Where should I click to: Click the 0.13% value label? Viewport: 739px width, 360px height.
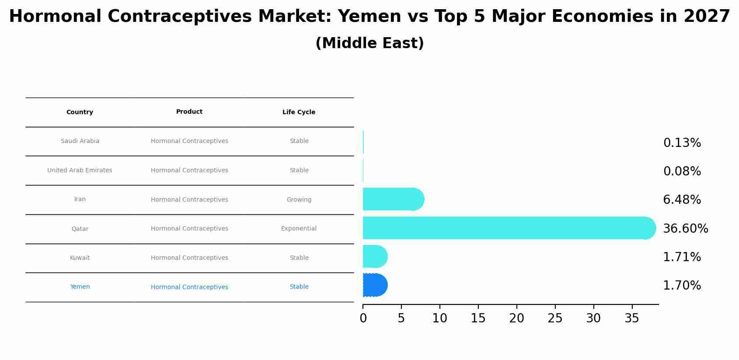(x=682, y=143)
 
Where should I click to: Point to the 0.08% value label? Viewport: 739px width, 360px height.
(x=682, y=171)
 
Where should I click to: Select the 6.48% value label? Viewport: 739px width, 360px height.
(x=682, y=200)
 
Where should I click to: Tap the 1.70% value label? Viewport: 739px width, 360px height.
(x=682, y=286)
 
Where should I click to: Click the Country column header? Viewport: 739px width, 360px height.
(x=80, y=112)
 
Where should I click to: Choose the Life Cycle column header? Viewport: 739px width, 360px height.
(x=299, y=112)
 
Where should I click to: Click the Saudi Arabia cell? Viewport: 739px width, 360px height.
(x=80, y=141)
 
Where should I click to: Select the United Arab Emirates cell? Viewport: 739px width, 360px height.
(x=80, y=171)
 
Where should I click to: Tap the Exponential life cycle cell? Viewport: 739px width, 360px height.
(x=299, y=229)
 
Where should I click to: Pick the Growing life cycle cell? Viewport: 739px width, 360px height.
(x=299, y=200)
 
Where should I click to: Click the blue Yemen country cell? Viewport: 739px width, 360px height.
(x=80, y=287)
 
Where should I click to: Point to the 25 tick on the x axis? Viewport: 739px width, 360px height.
(x=555, y=318)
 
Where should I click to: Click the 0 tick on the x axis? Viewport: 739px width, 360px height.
(x=363, y=318)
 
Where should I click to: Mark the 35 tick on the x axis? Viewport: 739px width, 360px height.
(x=632, y=318)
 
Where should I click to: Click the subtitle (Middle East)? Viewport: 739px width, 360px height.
(x=369, y=43)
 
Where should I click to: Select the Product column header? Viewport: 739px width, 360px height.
(x=189, y=112)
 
